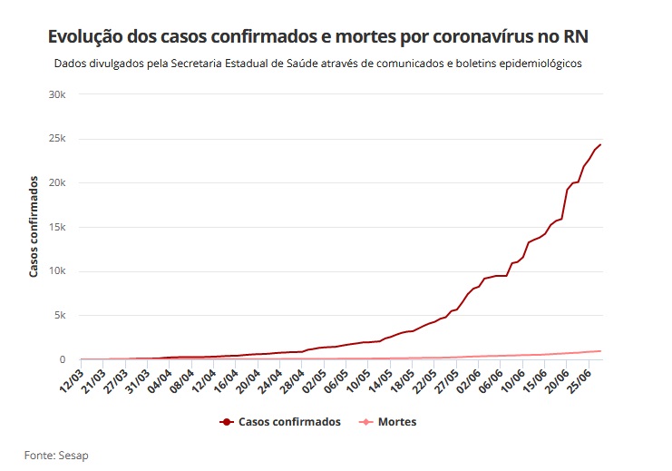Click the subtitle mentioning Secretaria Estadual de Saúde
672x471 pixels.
[x=317, y=64]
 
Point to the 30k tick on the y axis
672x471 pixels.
[x=59, y=94]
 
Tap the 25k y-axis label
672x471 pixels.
[x=59, y=139]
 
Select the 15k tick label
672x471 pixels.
[x=59, y=227]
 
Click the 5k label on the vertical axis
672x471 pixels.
[x=62, y=316]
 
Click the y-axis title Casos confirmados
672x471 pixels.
[x=34, y=227]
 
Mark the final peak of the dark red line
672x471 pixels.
[x=599, y=145]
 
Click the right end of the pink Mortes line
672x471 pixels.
[x=599, y=351]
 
